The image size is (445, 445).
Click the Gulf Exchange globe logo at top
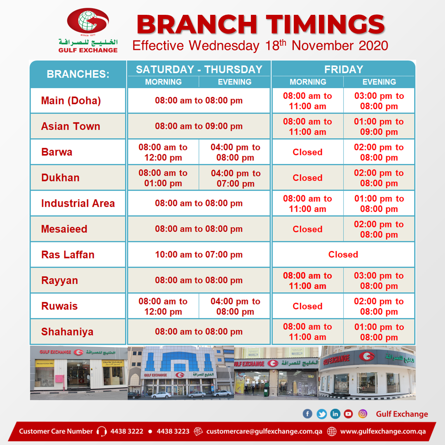point(88,21)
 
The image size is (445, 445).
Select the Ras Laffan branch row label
point(68,255)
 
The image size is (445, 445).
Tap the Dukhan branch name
point(61,178)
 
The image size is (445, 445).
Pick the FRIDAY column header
point(344,69)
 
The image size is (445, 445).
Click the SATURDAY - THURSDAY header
point(199,69)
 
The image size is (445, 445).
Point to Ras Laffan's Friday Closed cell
point(343,255)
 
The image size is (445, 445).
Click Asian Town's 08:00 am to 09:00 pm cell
point(199,126)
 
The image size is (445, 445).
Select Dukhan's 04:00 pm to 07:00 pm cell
point(236,178)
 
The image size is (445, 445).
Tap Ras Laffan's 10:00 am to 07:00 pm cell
point(199,255)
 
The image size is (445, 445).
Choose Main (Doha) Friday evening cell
point(379,101)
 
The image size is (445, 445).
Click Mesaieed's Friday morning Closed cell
point(308,229)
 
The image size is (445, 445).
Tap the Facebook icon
point(307,414)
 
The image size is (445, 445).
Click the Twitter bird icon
point(321,414)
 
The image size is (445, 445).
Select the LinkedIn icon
point(335,414)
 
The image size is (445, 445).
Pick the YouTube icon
point(348,414)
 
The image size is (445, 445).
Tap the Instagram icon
point(363,414)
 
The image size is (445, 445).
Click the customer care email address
point(264,431)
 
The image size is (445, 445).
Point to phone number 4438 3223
point(173,431)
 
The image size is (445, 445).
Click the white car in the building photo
point(161,395)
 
